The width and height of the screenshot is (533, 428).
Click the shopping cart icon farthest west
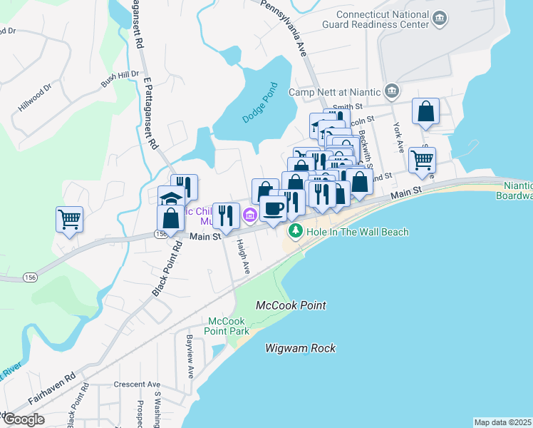click(69, 219)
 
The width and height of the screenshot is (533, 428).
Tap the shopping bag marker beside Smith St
click(425, 111)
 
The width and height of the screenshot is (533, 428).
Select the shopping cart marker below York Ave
click(423, 160)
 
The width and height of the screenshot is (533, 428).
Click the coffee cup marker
click(273, 208)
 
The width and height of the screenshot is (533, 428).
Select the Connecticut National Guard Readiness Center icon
click(440, 17)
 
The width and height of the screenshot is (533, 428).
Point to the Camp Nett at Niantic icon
click(391, 91)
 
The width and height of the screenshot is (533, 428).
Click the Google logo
click(23, 419)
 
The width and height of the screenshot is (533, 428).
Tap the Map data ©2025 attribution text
click(502, 422)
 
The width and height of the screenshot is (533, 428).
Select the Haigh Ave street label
click(243, 257)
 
